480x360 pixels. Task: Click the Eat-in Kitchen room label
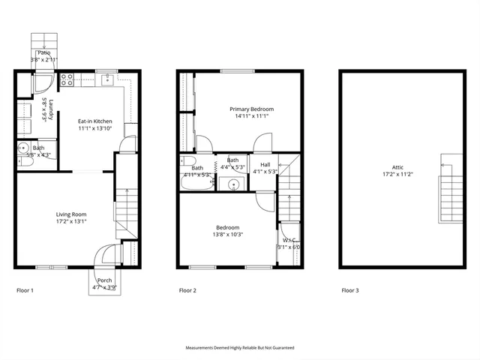point(95,121)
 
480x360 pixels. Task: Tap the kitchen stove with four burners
point(64,79)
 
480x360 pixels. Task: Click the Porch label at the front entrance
point(104,280)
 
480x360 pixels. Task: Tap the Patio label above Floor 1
point(43,52)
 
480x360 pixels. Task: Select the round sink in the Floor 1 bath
point(24,148)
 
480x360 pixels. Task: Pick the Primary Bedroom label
point(252,109)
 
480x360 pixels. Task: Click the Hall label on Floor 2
point(265,164)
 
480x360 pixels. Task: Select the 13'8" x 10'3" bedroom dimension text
point(228,235)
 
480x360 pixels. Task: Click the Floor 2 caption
point(188,289)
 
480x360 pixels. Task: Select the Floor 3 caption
point(349,289)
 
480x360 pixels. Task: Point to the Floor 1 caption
point(25,289)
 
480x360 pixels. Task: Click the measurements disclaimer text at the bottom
point(240,348)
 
